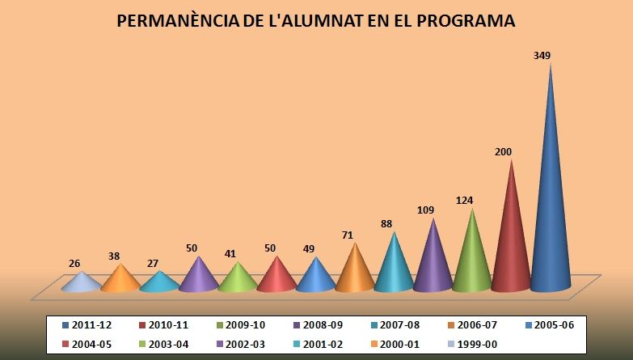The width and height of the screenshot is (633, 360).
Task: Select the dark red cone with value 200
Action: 511,243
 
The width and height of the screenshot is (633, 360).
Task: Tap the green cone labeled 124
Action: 472,259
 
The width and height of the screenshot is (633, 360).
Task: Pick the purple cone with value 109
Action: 433,263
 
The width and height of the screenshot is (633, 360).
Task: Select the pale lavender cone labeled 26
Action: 81,283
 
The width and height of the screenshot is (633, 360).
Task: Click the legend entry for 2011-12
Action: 91,324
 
